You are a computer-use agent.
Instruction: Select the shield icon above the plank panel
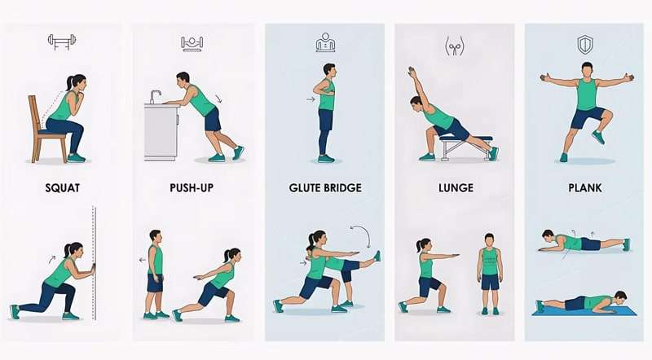(586, 43)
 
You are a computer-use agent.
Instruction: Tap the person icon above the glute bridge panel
(326, 42)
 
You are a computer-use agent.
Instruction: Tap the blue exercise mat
(584, 311)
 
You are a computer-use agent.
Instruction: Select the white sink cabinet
(161, 132)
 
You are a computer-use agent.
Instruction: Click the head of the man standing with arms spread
(587, 69)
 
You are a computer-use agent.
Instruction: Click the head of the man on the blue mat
(620, 296)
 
